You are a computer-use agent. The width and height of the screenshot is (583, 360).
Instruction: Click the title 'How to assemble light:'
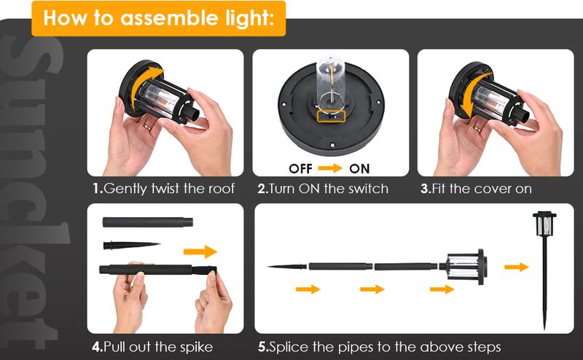click(x=158, y=18)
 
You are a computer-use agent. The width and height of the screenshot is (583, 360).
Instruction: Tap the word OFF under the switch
click(x=300, y=168)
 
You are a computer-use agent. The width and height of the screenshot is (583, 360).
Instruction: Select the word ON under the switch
click(x=359, y=168)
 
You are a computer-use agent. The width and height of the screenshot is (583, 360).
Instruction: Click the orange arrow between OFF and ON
click(x=330, y=168)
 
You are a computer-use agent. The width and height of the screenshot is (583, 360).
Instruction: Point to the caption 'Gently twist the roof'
click(x=163, y=189)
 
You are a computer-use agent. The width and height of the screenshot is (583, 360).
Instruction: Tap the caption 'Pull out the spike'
click(x=152, y=346)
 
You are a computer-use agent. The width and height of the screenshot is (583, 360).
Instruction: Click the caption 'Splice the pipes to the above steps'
click(x=380, y=346)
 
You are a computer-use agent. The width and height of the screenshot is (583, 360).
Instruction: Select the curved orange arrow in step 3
click(x=467, y=87)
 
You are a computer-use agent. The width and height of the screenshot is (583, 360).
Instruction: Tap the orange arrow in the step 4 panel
click(x=200, y=251)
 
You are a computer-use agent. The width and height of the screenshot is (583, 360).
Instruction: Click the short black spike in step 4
click(x=131, y=245)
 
